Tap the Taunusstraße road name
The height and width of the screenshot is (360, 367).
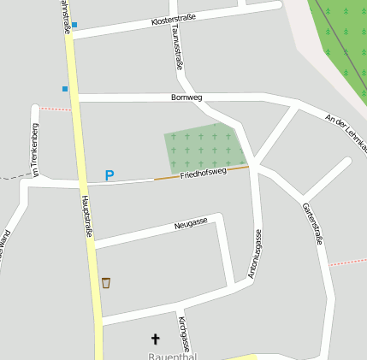[x=176, y=46]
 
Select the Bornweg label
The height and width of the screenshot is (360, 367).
[x=186, y=97]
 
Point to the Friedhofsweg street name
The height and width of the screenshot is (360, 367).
[x=203, y=173]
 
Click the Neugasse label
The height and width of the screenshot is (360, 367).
[x=190, y=223]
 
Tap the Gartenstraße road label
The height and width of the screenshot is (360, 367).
[x=312, y=223]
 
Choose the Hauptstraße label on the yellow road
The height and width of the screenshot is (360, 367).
[x=86, y=214]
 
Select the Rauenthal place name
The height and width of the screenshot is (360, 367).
[x=172, y=356]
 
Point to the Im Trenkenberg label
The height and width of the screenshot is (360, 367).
[x=35, y=150]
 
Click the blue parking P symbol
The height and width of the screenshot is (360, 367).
[x=109, y=175]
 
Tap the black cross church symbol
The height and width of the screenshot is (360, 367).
[x=155, y=339]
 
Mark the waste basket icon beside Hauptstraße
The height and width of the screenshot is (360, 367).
[x=106, y=282]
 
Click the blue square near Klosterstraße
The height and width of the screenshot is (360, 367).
[x=74, y=25]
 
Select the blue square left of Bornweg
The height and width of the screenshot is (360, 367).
[x=64, y=88]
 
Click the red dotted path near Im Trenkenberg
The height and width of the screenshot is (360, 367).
[x=55, y=109]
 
